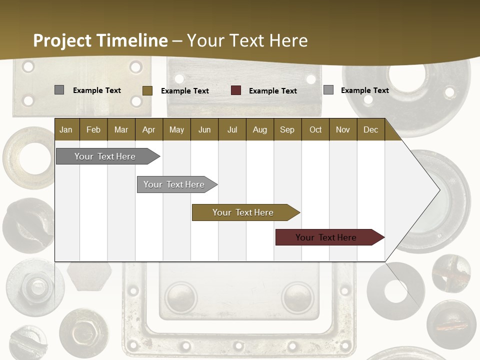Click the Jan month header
pos(66,129)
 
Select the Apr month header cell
pos(148,129)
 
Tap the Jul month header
pos(232,129)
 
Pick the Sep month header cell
pos(287,129)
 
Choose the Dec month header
pos(370,129)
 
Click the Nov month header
pos(342,129)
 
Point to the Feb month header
pos(93,129)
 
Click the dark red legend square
pos(236,90)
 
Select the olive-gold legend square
pos(147,90)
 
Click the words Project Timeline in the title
pos(100,40)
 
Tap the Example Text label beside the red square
pos(272,91)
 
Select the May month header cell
pos(176,129)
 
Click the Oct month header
pos(315,129)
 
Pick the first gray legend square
pos(59,90)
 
